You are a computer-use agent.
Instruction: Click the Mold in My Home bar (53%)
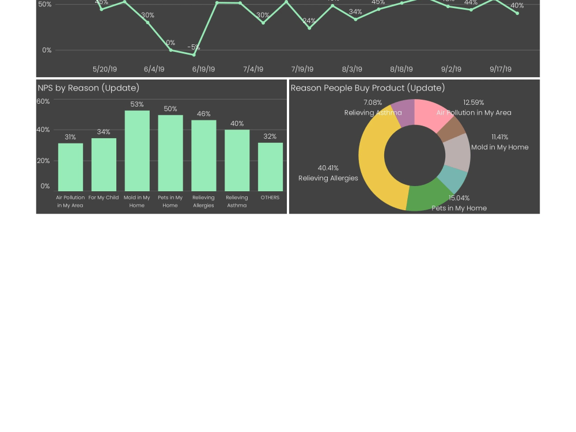[137, 151]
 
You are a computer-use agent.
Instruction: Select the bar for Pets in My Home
[170, 153]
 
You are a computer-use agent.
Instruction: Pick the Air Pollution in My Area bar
[70, 167]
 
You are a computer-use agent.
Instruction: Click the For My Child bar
[104, 165]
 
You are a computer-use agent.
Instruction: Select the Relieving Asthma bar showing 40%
[237, 161]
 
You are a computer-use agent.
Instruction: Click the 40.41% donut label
[328, 168]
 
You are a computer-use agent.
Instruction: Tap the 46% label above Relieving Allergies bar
[203, 114]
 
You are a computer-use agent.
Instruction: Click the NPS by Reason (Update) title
[89, 88]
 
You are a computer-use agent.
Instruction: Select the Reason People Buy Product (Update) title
[367, 88]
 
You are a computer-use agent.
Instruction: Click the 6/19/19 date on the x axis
[203, 69]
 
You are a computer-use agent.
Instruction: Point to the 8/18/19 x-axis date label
[401, 69]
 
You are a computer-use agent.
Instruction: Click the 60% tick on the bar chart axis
[43, 101]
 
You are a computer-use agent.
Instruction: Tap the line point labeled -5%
[194, 55]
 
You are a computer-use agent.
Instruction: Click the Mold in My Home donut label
[499, 147]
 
